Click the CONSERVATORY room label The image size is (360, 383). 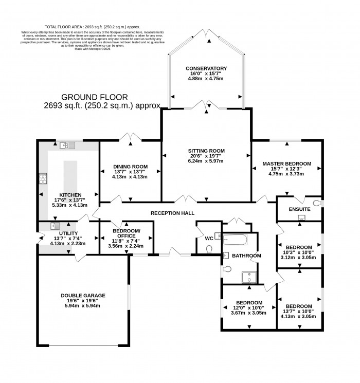(207, 68)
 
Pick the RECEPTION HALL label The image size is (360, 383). (172, 213)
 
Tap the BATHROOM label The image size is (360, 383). (246, 256)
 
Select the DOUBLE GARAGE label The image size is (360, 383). (83, 295)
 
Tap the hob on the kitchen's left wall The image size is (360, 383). (42, 179)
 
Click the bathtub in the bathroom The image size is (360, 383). (235, 240)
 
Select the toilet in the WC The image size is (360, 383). (208, 249)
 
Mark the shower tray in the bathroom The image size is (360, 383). (250, 277)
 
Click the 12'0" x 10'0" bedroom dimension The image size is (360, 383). (249, 307)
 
